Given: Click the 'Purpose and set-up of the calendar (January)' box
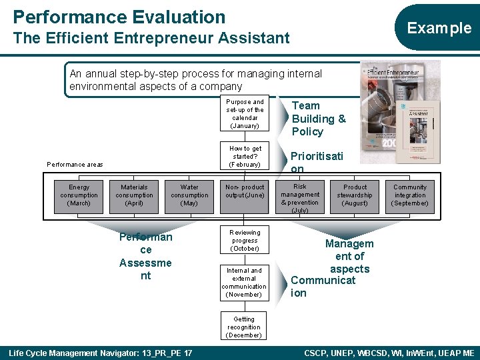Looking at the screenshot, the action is (x=245, y=114).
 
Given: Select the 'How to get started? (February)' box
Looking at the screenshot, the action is (x=245, y=157).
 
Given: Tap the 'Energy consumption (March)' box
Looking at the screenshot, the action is (x=79, y=195).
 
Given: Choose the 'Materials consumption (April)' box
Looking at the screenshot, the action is (x=134, y=195).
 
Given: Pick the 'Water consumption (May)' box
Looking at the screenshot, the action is (x=189, y=195).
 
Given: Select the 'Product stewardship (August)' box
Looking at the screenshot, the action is (x=355, y=195).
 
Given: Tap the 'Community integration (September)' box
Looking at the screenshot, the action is (x=410, y=195).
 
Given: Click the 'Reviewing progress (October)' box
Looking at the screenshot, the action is (x=245, y=240).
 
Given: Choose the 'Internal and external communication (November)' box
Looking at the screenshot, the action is (x=245, y=282).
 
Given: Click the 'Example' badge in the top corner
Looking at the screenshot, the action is (x=439, y=28).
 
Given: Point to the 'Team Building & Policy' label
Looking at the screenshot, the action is (x=318, y=119).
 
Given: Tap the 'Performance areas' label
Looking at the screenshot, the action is (x=75, y=164).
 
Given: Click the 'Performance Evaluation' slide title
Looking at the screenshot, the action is (x=119, y=17).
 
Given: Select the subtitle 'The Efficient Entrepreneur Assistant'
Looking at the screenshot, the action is (x=151, y=39).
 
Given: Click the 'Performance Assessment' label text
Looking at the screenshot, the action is (x=145, y=256).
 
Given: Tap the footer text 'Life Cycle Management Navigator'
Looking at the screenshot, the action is (x=100, y=352).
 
